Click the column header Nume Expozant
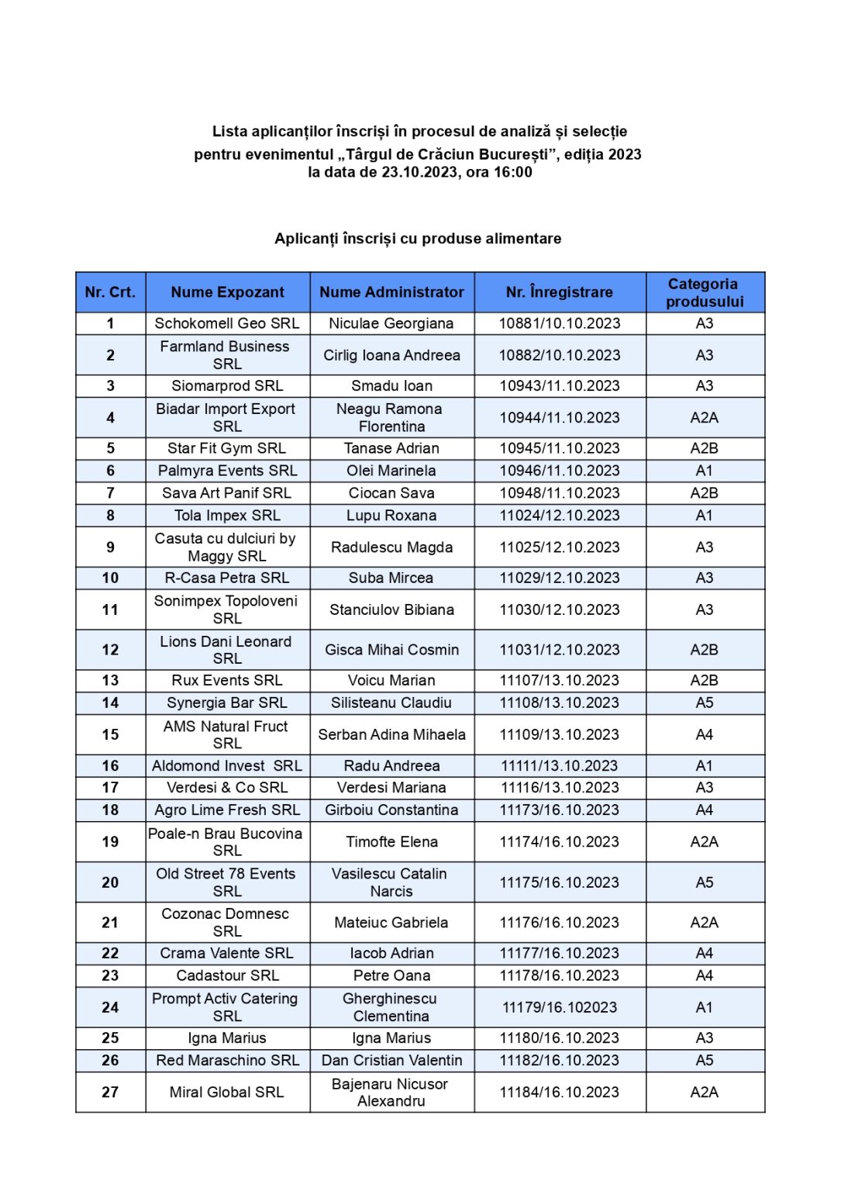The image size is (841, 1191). pos(227,292)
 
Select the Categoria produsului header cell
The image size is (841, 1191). pos(704,292)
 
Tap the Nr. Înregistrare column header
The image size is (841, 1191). pos(559,292)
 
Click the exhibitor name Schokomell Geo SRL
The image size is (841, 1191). pos(227,323)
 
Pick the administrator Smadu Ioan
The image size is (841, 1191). pos(391,385)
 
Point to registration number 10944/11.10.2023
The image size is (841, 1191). pos(559,417)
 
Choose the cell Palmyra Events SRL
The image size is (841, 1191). pos(227,471)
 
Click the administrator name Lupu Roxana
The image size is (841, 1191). pos(391,516)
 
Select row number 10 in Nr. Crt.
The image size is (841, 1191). pos(110,578)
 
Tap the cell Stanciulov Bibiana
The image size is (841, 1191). pos(391,609)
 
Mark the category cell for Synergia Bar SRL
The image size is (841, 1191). pos(704,703)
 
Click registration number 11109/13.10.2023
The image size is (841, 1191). pos(559,734)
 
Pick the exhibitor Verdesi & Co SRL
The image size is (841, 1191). pos(227,788)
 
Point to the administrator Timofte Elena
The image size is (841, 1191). pos(391,841)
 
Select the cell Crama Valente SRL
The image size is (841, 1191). pos(227,953)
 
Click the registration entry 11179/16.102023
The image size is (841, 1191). pos(559,1007)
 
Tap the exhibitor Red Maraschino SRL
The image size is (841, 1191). pos(227,1060)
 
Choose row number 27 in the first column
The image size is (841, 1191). pos(110,1092)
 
